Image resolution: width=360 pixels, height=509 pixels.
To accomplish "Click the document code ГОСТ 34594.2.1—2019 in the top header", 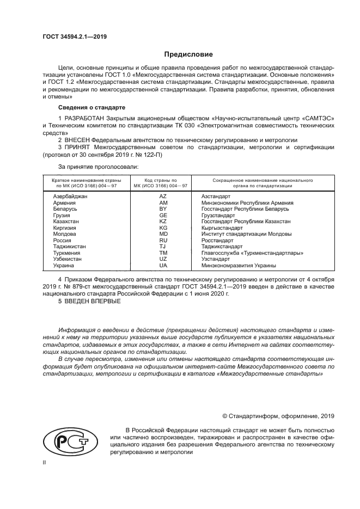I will click(75, 36).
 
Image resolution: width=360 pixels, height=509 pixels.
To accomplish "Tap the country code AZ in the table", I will click(162, 195).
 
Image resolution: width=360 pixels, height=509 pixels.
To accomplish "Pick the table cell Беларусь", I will click(65, 208).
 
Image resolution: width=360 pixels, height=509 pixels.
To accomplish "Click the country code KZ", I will click(162, 221).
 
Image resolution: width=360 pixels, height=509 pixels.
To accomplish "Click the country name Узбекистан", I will click(68, 259).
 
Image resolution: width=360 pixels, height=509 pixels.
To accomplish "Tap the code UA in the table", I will click(162, 266).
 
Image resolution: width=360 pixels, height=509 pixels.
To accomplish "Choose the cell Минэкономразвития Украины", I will click(239, 266).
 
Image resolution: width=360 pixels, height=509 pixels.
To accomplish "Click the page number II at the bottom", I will click(45, 462).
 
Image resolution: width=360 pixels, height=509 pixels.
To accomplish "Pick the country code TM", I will click(162, 253).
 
